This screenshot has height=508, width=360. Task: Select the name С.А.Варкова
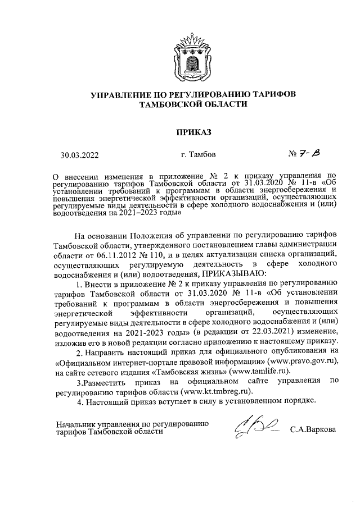coord(313,430)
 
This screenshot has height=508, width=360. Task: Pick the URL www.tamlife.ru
coord(260,370)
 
